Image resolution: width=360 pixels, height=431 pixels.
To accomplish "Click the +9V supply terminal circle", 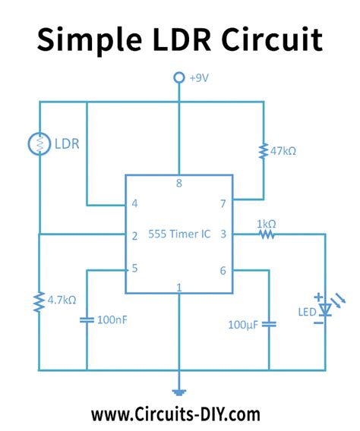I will coord(179,77).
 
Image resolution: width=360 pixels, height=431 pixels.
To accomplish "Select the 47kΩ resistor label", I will coord(283,151).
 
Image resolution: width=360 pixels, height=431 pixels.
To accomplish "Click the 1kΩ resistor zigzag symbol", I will coord(265,234).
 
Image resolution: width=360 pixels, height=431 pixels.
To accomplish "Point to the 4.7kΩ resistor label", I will coord(61,300).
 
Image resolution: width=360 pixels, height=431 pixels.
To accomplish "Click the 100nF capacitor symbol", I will coord(87,319).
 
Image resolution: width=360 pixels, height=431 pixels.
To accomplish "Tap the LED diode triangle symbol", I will coord(326,310).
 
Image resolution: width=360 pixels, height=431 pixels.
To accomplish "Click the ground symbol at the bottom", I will coord(179,392).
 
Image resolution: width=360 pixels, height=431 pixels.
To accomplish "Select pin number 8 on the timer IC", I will coord(179,183).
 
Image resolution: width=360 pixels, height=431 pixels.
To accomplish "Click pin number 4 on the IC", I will coord(134,204).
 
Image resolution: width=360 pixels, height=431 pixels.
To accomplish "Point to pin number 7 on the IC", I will coord(223,204).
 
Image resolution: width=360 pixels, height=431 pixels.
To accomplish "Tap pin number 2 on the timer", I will coord(134,236).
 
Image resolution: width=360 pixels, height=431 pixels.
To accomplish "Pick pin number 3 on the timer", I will coord(223,236).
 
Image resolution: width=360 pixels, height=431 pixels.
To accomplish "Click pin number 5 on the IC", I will coord(134,267).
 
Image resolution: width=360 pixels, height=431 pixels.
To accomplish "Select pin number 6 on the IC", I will coord(223,270).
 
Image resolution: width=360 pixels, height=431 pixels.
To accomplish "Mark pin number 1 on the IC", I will coord(179,287).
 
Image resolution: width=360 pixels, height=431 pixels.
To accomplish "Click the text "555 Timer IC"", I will coord(179,236).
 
